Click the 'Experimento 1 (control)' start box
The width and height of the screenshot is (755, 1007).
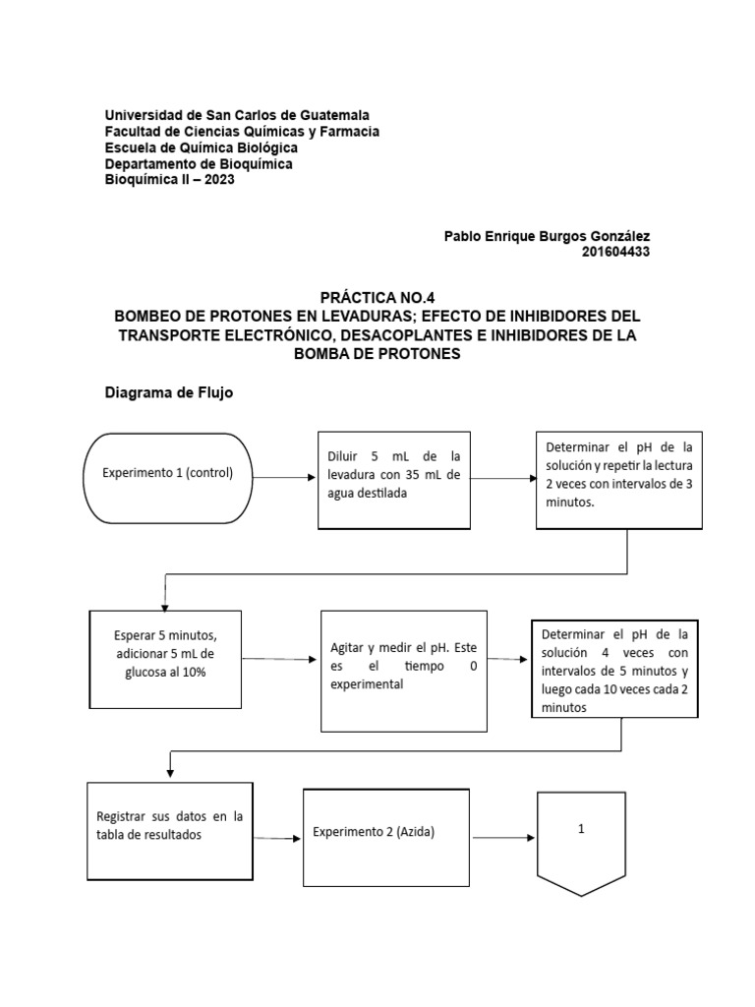168,474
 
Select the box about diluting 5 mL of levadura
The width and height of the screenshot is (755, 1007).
393,475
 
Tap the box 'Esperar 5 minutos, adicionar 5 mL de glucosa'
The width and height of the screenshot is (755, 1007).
166,658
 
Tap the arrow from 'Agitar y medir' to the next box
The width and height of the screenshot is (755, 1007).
508,660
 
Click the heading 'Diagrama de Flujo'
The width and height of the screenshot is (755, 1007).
169,392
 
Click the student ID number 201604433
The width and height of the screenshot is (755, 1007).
615,252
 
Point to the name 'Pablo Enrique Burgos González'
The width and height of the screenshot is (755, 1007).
547,236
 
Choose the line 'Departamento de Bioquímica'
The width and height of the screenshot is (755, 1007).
199,164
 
